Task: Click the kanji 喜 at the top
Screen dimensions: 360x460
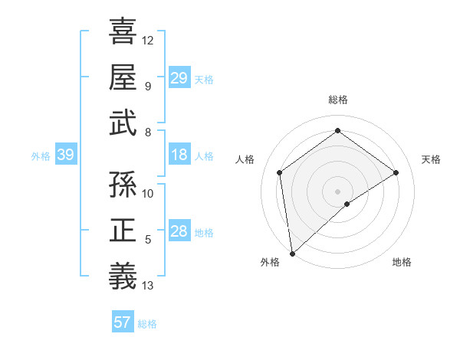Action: click(123, 31)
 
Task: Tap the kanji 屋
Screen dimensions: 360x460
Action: click(123, 77)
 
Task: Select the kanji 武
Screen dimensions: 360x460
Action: click(123, 123)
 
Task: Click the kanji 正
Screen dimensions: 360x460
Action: click(123, 231)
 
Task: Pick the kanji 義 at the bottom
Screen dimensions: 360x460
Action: click(123, 277)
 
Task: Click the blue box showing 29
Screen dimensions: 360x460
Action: click(179, 78)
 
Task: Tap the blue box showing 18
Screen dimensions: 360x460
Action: click(179, 155)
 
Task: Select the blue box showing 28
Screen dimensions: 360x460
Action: click(179, 232)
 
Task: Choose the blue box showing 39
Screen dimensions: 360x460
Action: click(65, 155)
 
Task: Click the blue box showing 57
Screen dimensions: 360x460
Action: click(123, 322)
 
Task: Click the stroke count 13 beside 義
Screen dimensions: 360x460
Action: click(148, 286)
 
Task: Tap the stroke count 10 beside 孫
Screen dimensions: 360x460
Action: click(148, 193)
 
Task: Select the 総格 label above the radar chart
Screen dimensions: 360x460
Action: click(338, 100)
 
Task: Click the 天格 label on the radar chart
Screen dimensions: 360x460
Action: click(431, 159)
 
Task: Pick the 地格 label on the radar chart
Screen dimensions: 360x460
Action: click(402, 262)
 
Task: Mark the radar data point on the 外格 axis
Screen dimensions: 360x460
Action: click(291, 253)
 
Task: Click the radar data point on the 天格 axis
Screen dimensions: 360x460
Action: click(396, 172)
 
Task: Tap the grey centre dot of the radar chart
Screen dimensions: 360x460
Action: click(337, 190)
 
